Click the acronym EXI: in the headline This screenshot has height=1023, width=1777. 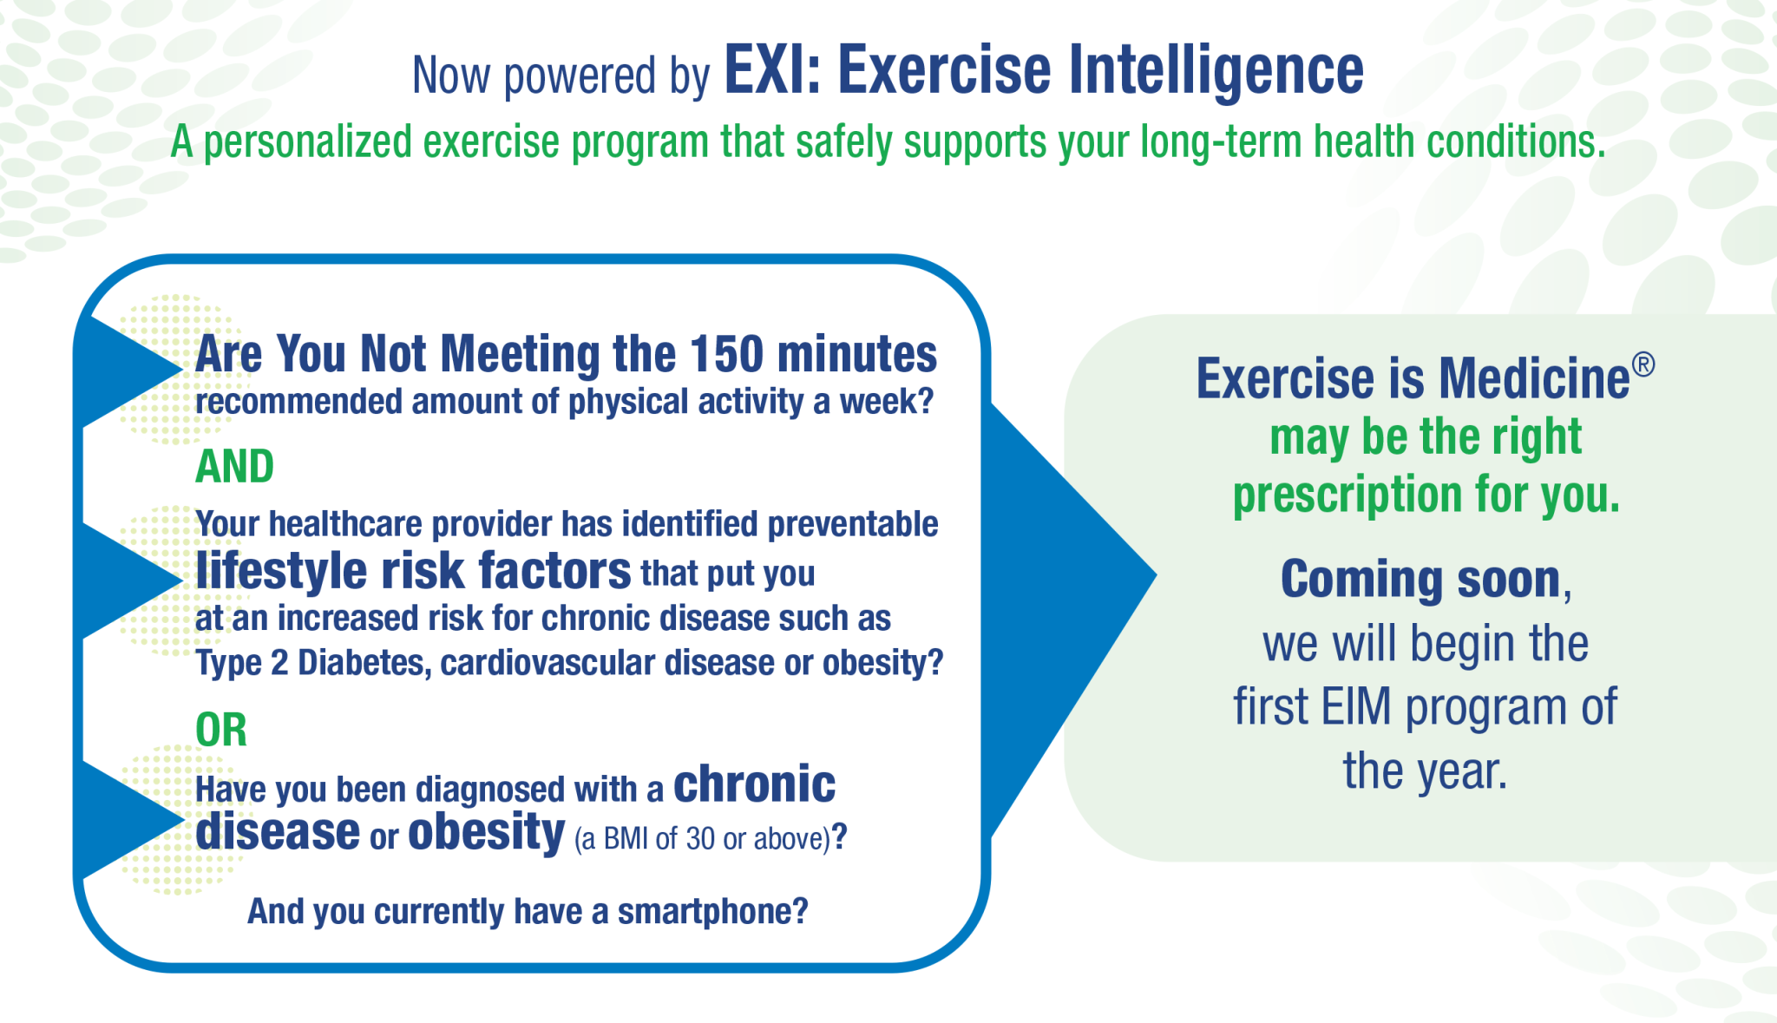pyautogui.click(x=772, y=71)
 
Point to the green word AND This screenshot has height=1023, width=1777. pyautogui.click(x=234, y=467)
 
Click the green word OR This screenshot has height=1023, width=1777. pyautogui.click(x=221, y=730)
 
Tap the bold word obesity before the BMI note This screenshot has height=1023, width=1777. pyautogui.click(x=486, y=833)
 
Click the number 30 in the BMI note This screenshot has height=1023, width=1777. pyautogui.click(x=700, y=839)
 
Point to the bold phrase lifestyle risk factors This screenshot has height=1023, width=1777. pyautogui.click(x=413, y=572)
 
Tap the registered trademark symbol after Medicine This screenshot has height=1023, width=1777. pyautogui.click(x=1643, y=365)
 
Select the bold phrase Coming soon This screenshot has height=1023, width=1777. pyautogui.click(x=1420, y=579)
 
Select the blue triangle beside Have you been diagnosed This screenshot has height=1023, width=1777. pyautogui.click(x=121, y=820)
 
